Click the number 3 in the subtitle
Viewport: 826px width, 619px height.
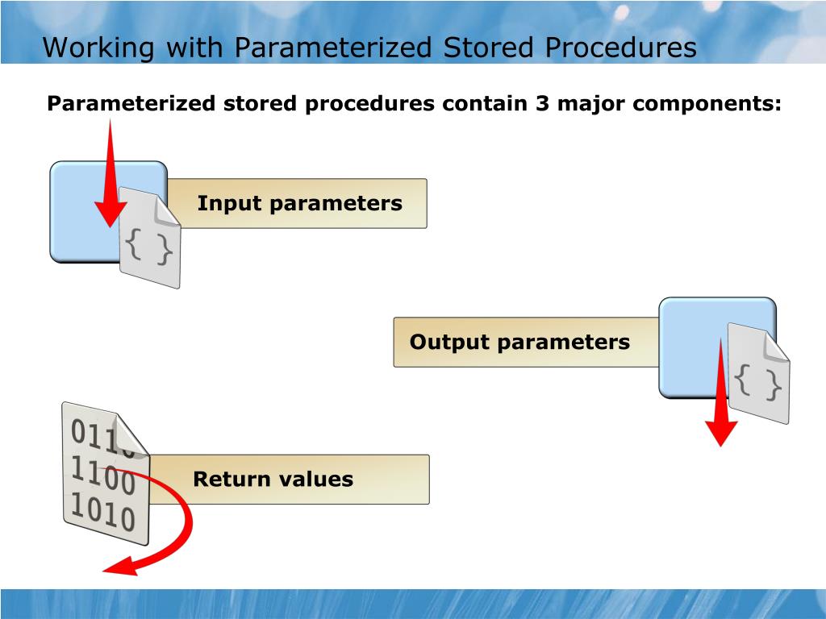541,104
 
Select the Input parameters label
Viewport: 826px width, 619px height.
299,203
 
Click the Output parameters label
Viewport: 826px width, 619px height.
519,342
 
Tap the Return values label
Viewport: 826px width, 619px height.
273,480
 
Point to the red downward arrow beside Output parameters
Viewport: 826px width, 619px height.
721,395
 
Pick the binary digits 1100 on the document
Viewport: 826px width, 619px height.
102,475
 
